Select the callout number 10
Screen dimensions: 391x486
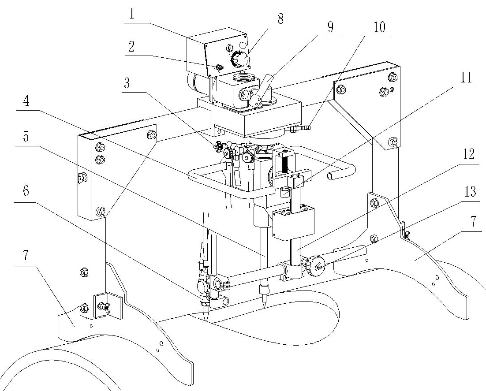coord(379,27)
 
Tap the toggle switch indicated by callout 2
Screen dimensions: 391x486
coord(219,67)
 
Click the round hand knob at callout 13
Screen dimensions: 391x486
coord(316,265)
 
